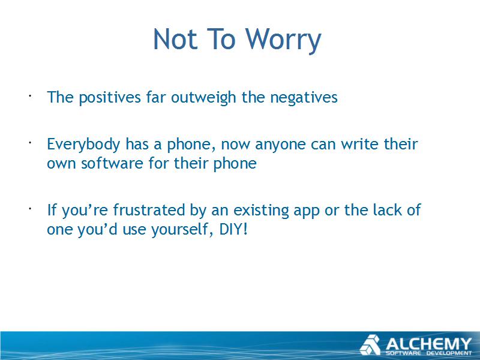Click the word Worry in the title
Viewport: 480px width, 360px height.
(x=283, y=40)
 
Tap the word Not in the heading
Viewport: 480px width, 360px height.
(x=175, y=38)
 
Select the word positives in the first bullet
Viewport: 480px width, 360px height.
(x=110, y=98)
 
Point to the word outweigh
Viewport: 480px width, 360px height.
(x=203, y=98)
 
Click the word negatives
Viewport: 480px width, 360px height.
(x=304, y=98)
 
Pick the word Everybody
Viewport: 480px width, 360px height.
(x=83, y=144)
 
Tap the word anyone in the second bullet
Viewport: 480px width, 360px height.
(x=280, y=145)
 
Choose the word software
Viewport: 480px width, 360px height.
(x=112, y=163)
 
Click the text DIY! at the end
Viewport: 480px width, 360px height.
(x=233, y=229)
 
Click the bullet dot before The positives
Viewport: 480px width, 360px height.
(x=30, y=96)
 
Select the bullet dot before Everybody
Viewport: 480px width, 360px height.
(x=30, y=143)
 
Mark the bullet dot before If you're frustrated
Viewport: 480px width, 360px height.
(x=30, y=209)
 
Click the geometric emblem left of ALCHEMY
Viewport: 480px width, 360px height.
(x=370, y=345)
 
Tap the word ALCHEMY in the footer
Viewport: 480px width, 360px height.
(x=428, y=344)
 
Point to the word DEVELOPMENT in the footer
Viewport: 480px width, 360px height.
(x=449, y=353)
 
